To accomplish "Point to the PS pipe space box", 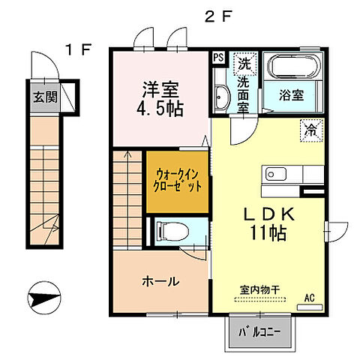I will pyautogui.click(x=218, y=57).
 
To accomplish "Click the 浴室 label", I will pyautogui.click(x=292, y=96).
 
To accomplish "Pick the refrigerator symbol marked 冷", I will pyautogui.click(x=309, y=129).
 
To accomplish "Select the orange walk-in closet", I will pyautogui.click(x=175, y=181).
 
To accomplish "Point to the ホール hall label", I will pyautogui.click(x=160, y=282).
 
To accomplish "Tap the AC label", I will pyautogui.click(x=309, y=298).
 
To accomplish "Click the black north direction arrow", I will pyautogui.click(x=45, y=299).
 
